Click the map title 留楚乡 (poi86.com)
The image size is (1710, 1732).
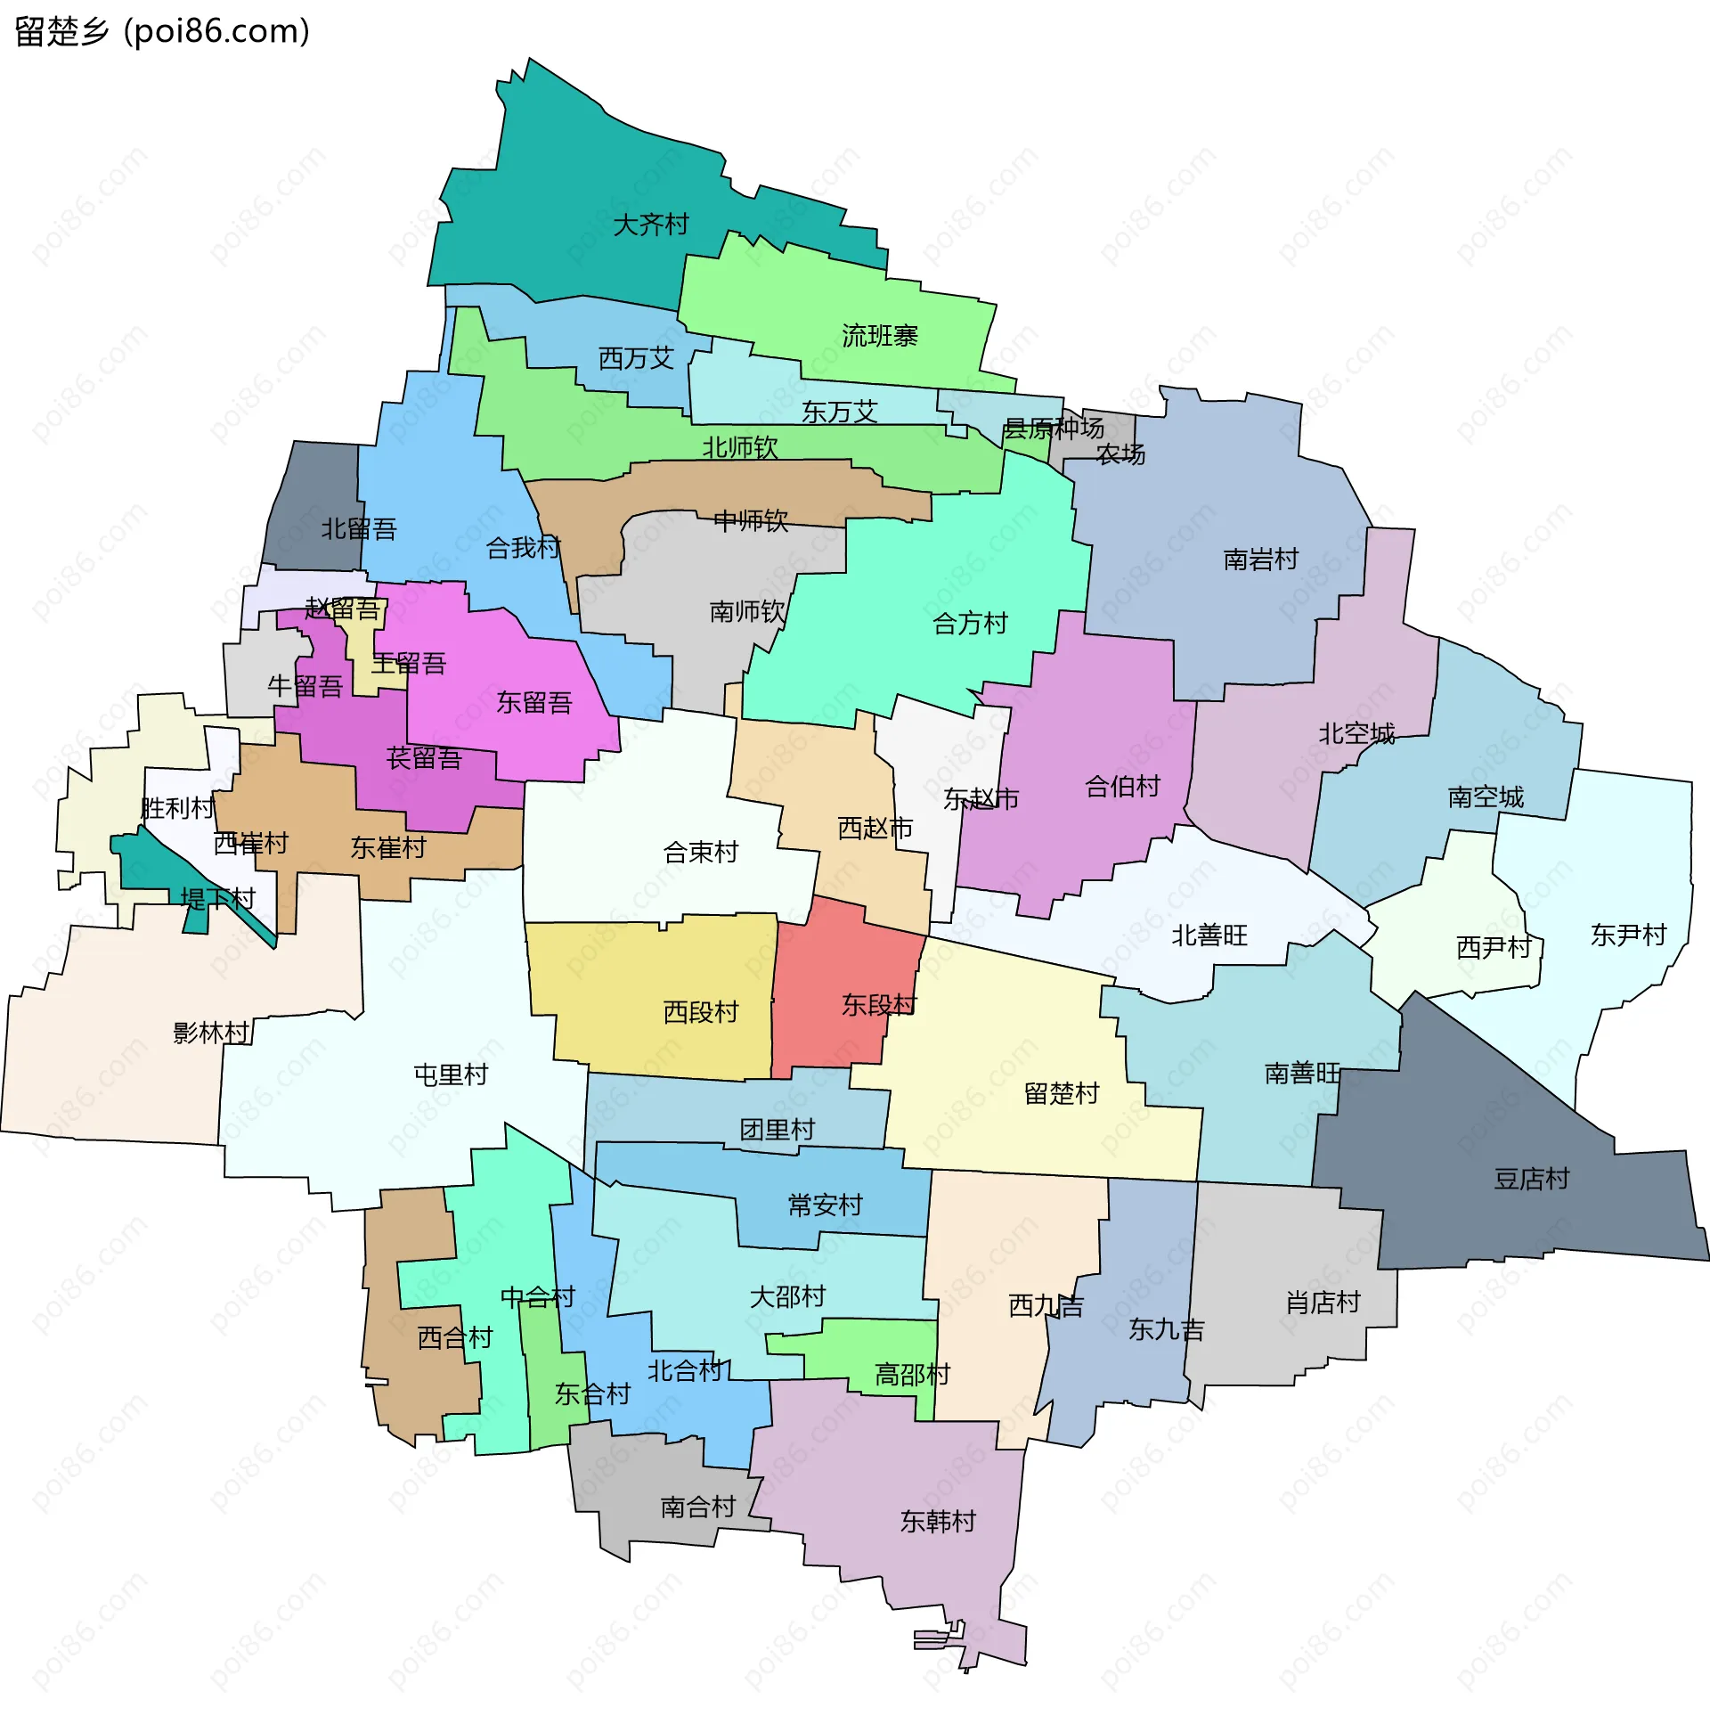(162, 31)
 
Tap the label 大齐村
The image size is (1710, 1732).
(651, 225)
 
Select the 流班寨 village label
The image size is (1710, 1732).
(879, 336)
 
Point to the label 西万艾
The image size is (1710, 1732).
(635, 358)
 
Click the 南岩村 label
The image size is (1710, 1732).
(1260, 560)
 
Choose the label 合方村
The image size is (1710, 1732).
(970, 623)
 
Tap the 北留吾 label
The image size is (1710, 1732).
(359, 529)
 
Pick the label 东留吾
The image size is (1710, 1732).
(534, 702)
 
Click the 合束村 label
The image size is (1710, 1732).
(700, 852)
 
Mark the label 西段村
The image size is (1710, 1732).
(700, 1012)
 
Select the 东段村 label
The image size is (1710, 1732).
(878, 1005)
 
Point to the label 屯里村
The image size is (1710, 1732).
(451, 1074)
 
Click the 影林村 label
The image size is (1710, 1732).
(210, 1033)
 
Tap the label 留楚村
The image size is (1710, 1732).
(1061, 1094)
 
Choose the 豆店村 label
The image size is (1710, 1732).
(1532, 1179)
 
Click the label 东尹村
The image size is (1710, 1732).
(1627, 935)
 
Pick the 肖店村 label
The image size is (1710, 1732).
(1323, 1302)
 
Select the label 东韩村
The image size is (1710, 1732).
(938, 1522)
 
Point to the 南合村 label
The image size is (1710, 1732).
(697, 1507)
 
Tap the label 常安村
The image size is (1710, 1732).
(825, 1205)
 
